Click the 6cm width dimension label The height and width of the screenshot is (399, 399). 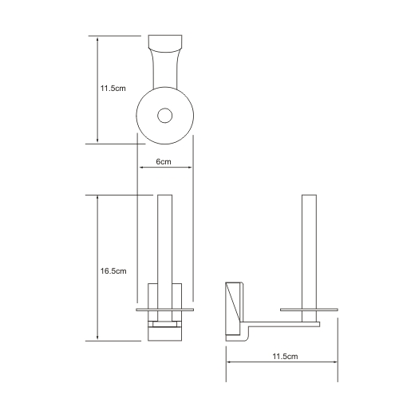click(164, 161)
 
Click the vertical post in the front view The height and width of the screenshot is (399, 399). click(164, 239)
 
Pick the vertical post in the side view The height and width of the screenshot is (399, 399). click(306, 247)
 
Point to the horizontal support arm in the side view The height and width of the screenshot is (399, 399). click(279, 324)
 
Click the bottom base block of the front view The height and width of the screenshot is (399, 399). click(164, 333)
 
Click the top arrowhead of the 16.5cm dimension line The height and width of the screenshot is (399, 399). click(97, 196)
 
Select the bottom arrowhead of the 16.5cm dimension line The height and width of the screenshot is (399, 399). click(97, 340)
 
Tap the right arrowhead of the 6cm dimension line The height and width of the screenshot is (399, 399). click(189, 168)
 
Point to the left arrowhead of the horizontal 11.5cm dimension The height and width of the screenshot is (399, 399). click(230, 361)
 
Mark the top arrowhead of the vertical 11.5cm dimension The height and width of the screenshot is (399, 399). click(97, 38)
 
